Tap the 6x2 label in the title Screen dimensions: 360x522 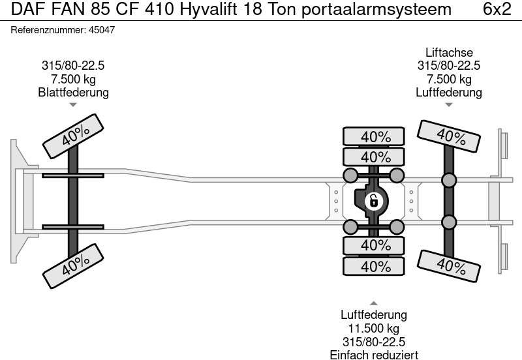[497, 10]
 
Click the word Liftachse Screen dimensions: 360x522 [449, 53]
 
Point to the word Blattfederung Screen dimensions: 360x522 [73, 92]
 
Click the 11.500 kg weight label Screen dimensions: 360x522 [374, 328]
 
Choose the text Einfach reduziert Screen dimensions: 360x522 [374, 354]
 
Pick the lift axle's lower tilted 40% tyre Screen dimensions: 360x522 [450, 265]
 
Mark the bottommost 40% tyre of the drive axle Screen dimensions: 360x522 [375, 267]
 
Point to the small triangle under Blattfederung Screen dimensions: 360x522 [73, 104]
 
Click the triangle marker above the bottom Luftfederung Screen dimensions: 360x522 [374, 303]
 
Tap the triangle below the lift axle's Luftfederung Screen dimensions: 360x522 [449, 104]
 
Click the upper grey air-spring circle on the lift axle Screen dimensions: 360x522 [449, 180]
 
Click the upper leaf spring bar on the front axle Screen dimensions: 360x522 [72, 175]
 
